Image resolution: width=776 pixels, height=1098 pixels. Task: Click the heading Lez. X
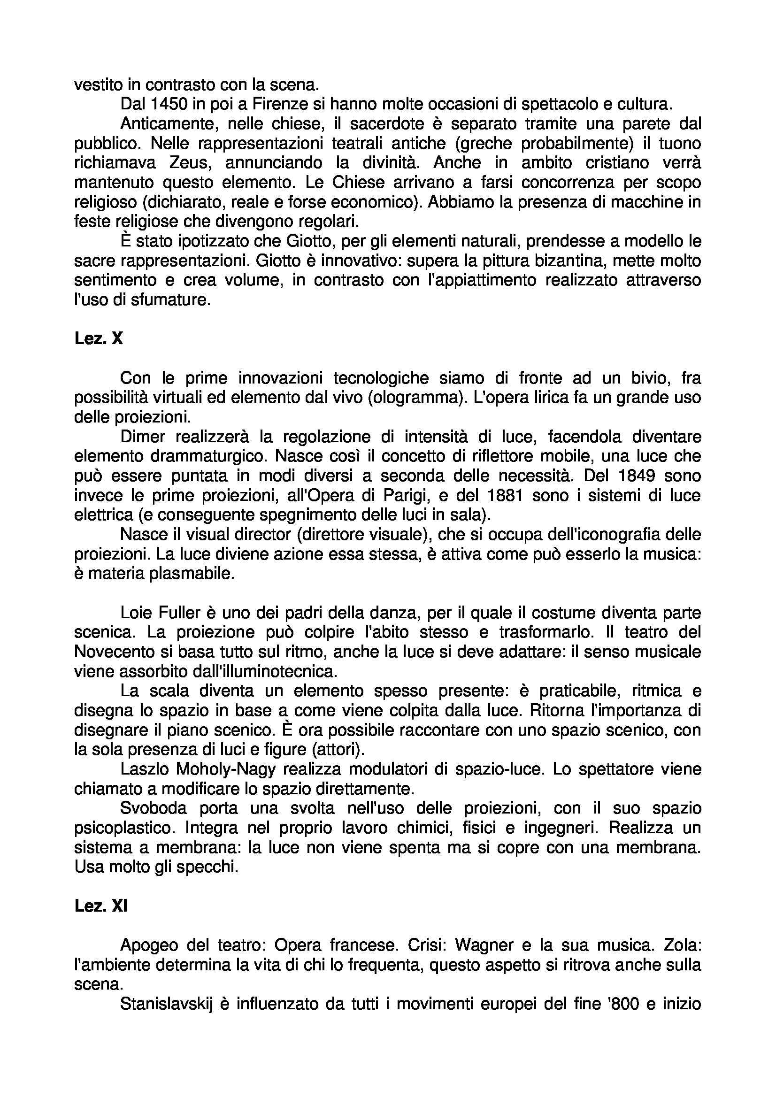[99, 338]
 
